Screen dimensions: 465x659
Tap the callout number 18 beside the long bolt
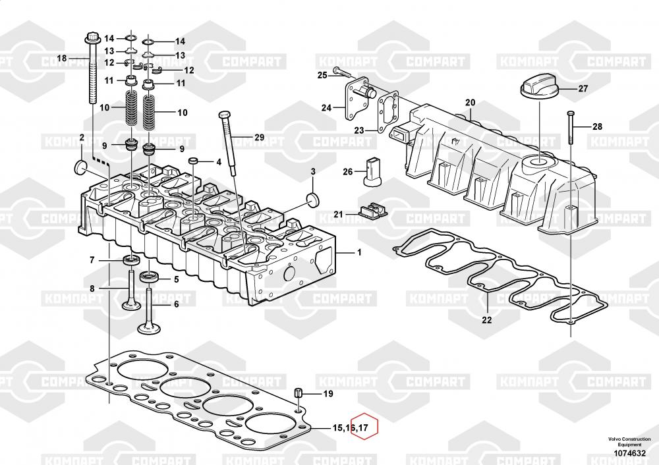point(62,59)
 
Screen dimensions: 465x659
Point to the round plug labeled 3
point(312,200)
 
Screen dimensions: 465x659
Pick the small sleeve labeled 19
point(298,394)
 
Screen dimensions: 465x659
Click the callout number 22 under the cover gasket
point(486,321)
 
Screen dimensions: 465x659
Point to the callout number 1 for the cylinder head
point(359,252)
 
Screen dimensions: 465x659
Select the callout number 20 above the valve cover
point(469,102)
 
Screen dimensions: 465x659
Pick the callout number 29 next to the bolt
point(258,138)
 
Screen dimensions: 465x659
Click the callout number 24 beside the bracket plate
point(327,107)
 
